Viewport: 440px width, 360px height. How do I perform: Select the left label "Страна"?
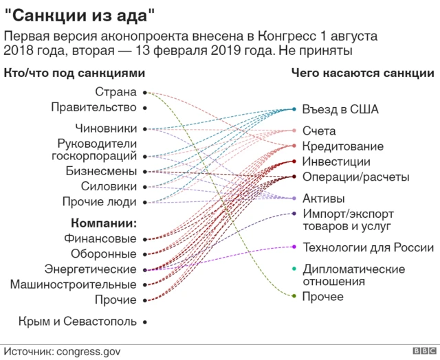click(115, 91)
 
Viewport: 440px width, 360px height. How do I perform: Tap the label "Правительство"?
click(93, 107)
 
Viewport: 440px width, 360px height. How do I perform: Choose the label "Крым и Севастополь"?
click(78, 321)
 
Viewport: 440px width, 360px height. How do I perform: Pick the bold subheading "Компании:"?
click(104, 223)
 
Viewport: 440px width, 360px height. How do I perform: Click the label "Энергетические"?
click(90, 269)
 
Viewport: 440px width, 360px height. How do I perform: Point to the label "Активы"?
click(323, 199)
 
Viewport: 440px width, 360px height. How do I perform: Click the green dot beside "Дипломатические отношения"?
click(294, 269)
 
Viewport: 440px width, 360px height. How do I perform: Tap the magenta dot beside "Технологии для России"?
click(294, 247)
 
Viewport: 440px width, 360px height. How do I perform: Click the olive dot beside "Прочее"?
click(294, 296)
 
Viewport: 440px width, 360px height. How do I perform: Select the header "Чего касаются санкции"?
click(362, 73)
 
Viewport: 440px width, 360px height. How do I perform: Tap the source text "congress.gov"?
click(81, 350)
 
